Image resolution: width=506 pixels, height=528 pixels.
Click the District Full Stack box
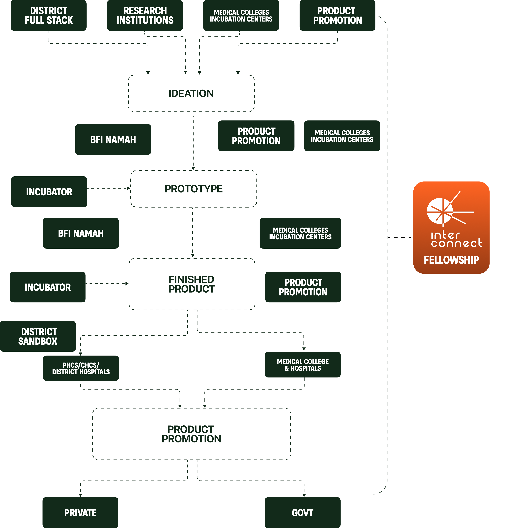tap(48, 15)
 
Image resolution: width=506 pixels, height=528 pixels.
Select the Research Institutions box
tap(145, 15)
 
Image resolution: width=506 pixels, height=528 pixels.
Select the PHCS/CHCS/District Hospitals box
tap(81, 368)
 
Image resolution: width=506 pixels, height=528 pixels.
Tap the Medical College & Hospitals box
tap(303, 365)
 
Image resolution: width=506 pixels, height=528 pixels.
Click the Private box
tap(80, 513)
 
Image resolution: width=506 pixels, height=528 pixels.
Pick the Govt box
tap(303, 513)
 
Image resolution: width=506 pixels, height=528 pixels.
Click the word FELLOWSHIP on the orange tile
tap(451, 260)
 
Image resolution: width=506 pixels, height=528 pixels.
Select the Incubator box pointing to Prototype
tap(49, 192)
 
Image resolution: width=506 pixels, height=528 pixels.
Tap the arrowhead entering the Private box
tap(80, 495)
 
